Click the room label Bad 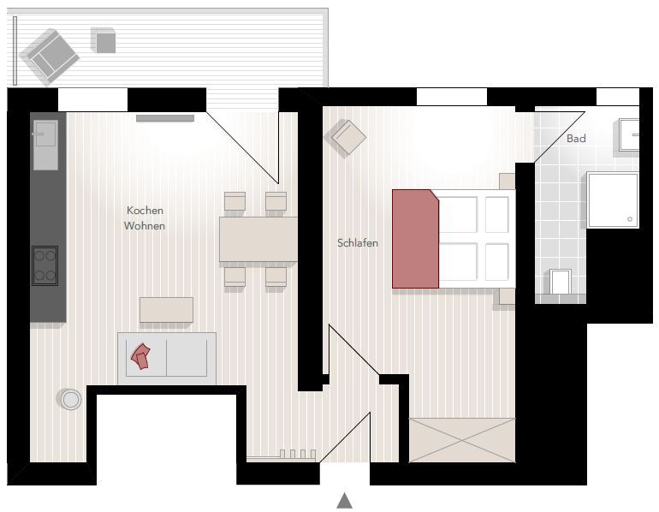click(x=576, y=139)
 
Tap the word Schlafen click(x=358, y=243)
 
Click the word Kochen click(x=145, y=210)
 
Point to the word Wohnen click(x=145, y=226)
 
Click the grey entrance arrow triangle click(x=345, y=501)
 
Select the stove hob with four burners click(x=45, y=265)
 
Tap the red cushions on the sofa click(x=141, y=356)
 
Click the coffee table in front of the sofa click(x=166, y=310)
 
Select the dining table click(x=258, y=239)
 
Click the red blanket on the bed click(x=415, y=239)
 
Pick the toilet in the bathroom click(x=561, y=282)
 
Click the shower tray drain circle click(x=630, y=219)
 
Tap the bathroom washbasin click(x=629, y=134)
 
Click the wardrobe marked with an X click(x=462, y=440)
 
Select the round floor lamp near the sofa click(x=70, y=399)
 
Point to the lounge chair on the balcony click(x=50, y=57)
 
